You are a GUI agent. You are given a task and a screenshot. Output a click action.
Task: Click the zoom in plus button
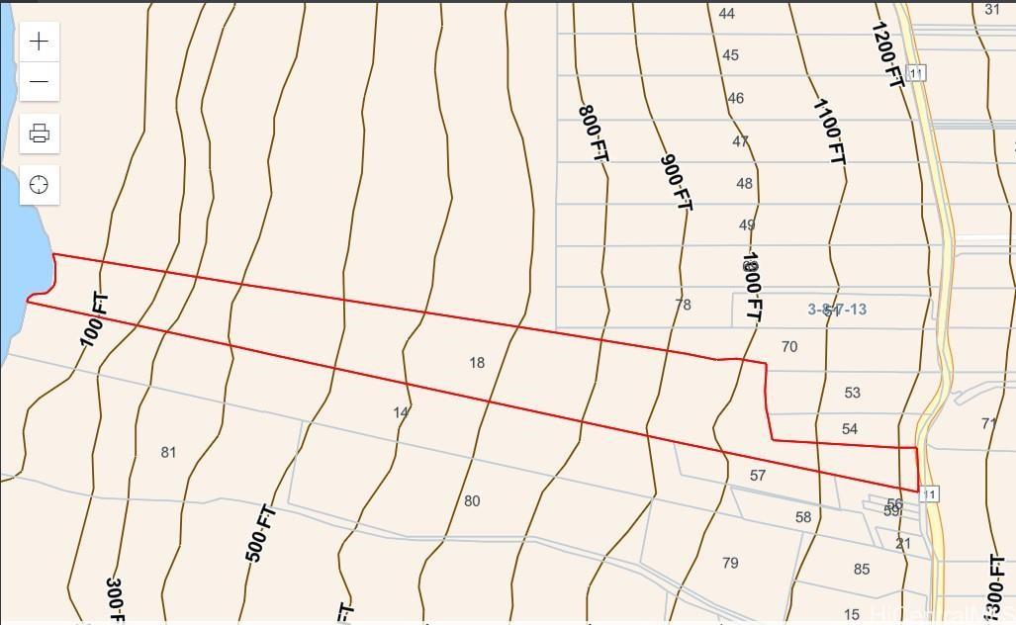[x=40, y=41]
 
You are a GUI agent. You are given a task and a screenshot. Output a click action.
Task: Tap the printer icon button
[x=40, y=134]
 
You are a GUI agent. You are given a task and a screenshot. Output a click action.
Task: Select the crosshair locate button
[x=40, y=185]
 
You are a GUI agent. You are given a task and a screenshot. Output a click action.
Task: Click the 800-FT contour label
[x=592, y=134]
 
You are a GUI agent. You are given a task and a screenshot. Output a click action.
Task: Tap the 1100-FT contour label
[x=829, y=131]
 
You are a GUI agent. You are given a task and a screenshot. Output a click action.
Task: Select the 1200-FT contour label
[x=887, y=55]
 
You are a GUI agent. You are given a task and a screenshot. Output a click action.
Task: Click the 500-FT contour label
[x=260, y=533]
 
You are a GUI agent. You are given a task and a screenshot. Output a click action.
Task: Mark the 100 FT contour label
[x=95, y=319]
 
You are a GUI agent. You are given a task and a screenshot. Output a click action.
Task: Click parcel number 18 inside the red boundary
[x=477, y=363]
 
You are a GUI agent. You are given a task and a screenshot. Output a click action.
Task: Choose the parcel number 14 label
[x=401, y=412]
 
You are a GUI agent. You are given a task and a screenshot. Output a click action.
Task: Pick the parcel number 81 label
[x=168, y=452]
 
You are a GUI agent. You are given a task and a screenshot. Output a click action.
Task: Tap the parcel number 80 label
[x=472, y=500]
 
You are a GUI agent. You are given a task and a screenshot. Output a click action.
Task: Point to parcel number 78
[x=683, y=305]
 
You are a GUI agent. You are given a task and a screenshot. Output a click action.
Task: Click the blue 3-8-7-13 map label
[x=837, y=310]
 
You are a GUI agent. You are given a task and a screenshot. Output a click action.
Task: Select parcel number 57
[x=758, y=475]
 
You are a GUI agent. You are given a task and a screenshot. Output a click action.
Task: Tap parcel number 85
[x=861, y=569]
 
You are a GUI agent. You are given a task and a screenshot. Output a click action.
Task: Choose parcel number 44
[x=727, y=14]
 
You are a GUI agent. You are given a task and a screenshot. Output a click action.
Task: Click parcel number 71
[x=988, y=423]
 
